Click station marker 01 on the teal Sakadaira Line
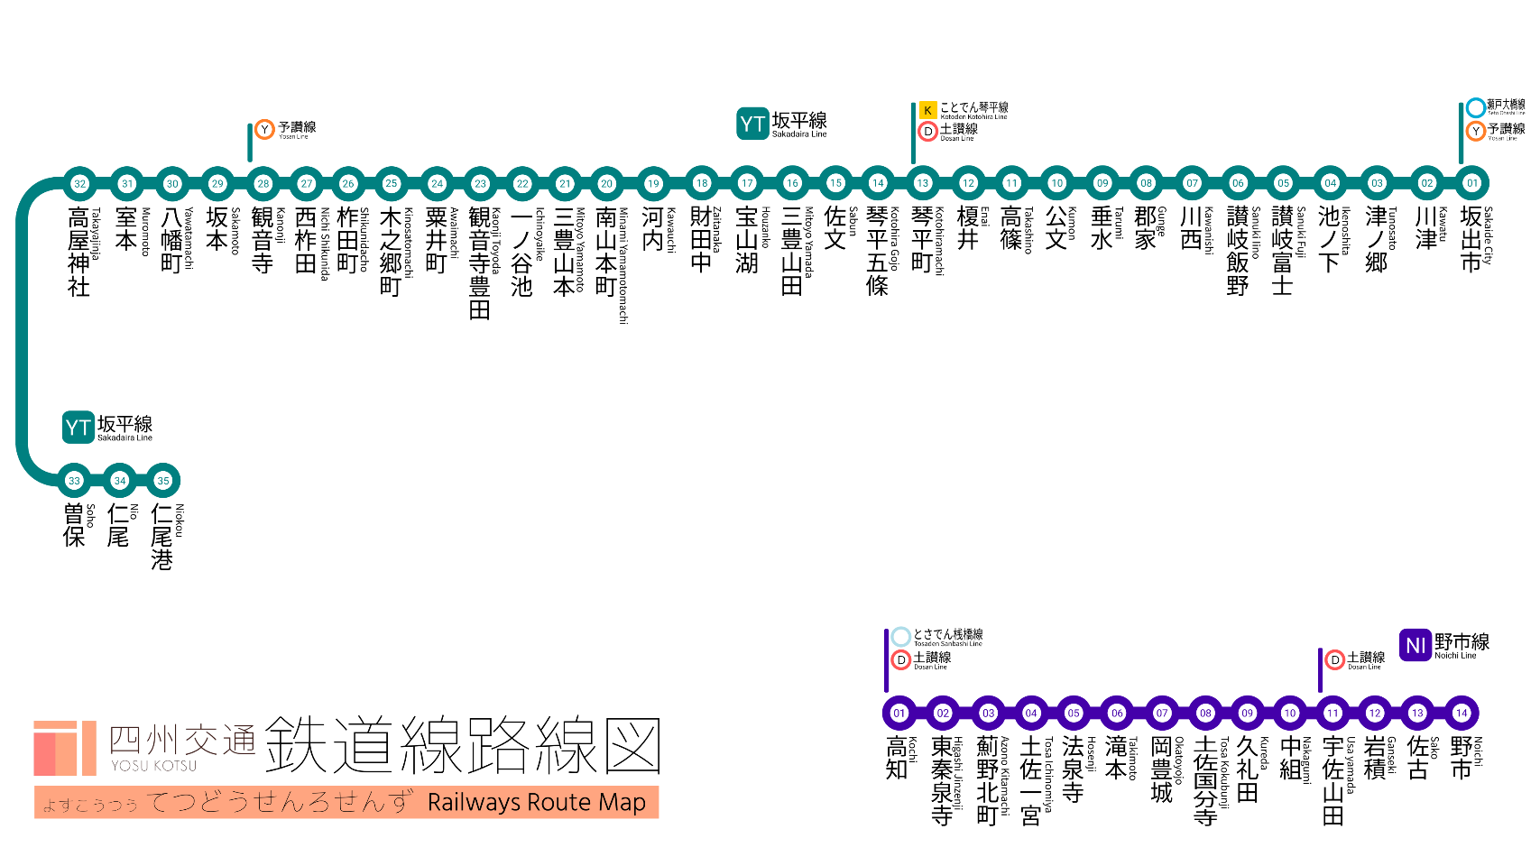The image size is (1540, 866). click(1472, 183)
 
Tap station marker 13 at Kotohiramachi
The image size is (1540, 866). click(922, 183)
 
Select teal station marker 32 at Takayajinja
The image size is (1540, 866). click(80, 183)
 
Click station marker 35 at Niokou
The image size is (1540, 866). click(163, 481)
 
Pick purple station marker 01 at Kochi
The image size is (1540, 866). click(899, 713)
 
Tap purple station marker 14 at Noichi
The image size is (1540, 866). click(1462, 713)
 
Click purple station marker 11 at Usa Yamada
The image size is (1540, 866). click(1333, 713)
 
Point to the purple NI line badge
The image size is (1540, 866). click(1416, 645)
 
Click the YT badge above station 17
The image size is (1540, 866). click(752, 124)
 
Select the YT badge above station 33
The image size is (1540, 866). click(78, 428)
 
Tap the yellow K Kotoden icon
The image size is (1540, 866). click(927, 110)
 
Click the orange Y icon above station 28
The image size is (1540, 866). click(264, 130)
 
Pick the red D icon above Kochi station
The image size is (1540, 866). click(900, 660)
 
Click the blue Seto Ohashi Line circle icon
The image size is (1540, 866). click(1476, 107)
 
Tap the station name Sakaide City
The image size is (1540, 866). click(1472, 239)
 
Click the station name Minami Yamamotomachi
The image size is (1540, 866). click(606, 253)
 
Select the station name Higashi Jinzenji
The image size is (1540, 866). click(942, 781)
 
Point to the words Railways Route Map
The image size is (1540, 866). click(536, 802)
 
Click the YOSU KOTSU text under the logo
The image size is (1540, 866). click(154, 766)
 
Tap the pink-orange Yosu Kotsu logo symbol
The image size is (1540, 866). click(64, 748)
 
